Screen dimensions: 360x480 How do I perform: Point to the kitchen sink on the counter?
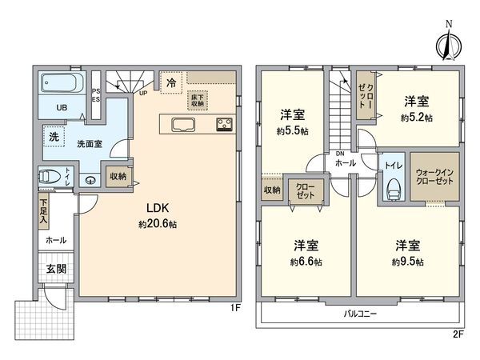coord(181,124)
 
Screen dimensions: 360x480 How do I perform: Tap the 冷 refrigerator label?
coord(171,81)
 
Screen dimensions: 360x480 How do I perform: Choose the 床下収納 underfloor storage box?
coord(198,99)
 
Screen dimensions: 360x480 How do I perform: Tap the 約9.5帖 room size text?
coord(408,262)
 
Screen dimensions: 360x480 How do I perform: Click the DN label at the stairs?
coord(339,154)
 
